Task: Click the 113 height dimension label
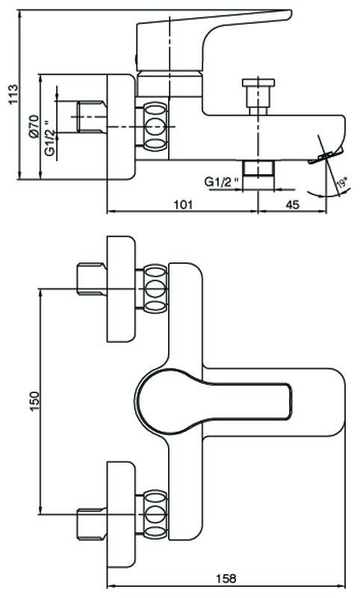[x=13, y=95]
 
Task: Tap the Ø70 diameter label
[x=34, y=126]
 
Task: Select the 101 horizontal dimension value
[x=183, y=205]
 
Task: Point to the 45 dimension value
[x=292, y=205]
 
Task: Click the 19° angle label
[x=343, y=183]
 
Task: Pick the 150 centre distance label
[x=34, y=401]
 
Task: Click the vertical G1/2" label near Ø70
[x=49, y=138]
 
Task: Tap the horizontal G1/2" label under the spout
[x=223, y=182]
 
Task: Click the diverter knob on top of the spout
[x=258, y=96]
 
